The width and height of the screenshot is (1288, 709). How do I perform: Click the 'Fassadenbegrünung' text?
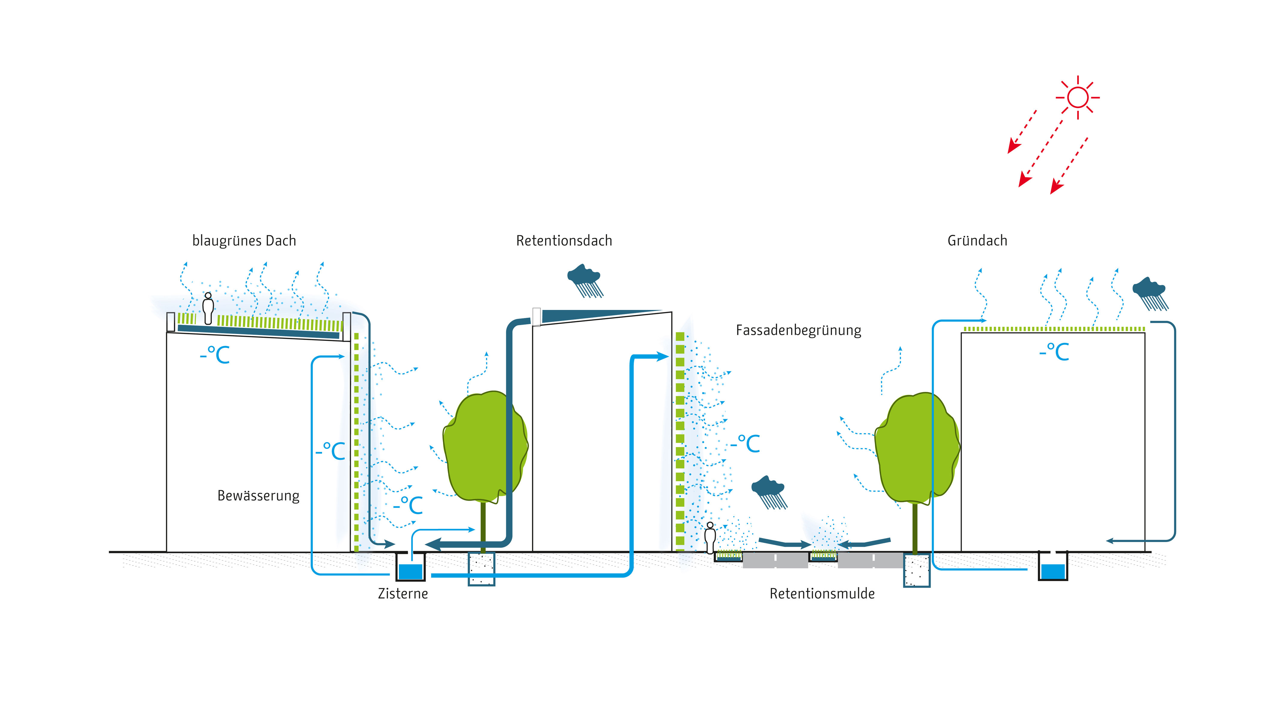[x=798, y=331]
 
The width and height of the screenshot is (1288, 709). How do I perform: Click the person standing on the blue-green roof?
[x=208, y=308]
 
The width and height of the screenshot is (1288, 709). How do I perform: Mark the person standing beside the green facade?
[x=710, y=538]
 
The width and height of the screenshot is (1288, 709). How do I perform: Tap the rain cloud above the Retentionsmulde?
[x=769, y=492]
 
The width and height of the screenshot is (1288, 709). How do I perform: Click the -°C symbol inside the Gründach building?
[x=1054, y=352]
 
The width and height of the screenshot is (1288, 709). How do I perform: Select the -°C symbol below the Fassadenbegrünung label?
[x=745, y=444]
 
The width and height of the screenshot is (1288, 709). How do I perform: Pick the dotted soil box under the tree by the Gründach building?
[x=916, y=570]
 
